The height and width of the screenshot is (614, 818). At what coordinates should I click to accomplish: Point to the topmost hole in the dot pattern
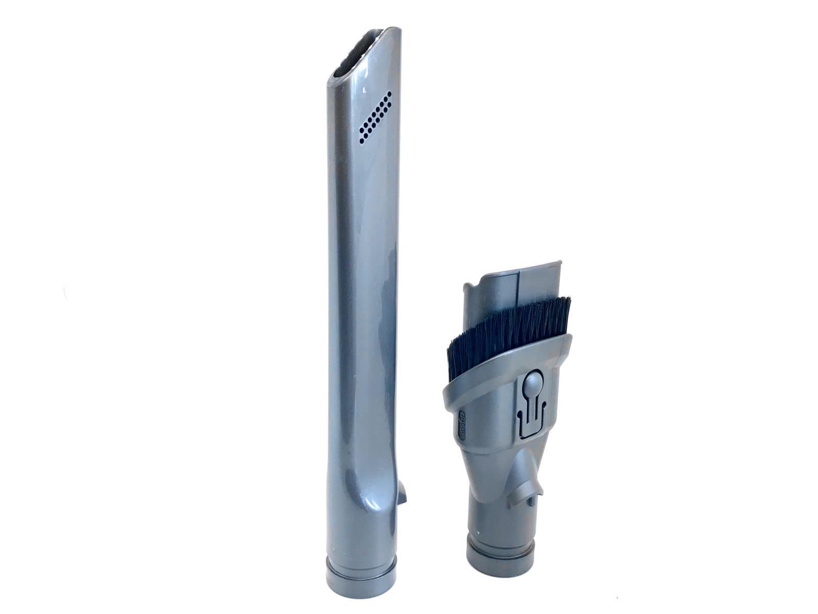coord(390,94)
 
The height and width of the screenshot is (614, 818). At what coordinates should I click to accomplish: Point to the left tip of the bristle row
coord(450,353)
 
